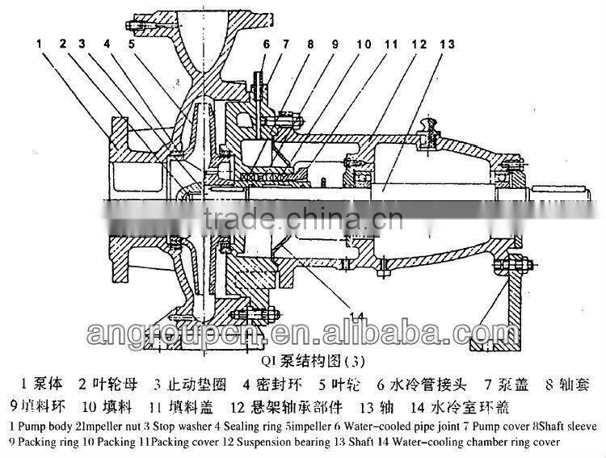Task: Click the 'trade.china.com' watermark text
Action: (303, 217)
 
